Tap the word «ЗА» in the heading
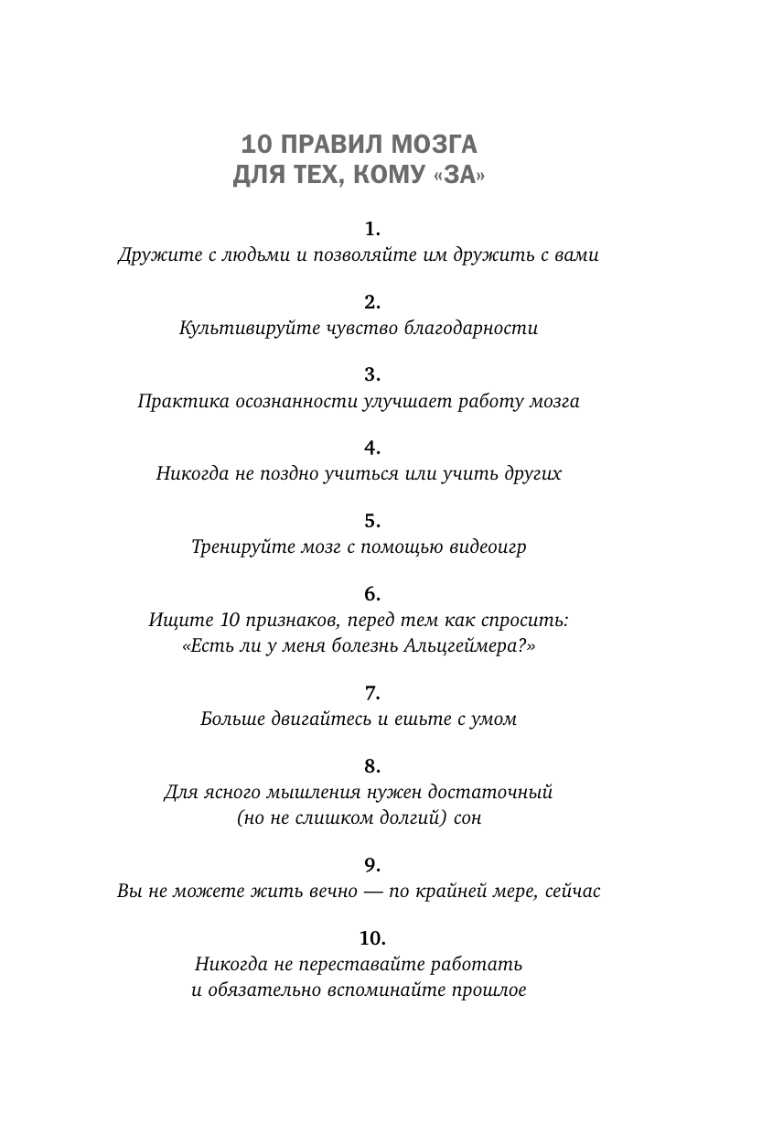(457, 176)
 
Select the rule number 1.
(371, 228)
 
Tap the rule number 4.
(371, 448)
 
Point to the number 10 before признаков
(231, 620)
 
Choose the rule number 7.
(371, 692)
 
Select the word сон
(467, 818)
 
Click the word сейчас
(572, 891)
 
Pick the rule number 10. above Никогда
(372, 937)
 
